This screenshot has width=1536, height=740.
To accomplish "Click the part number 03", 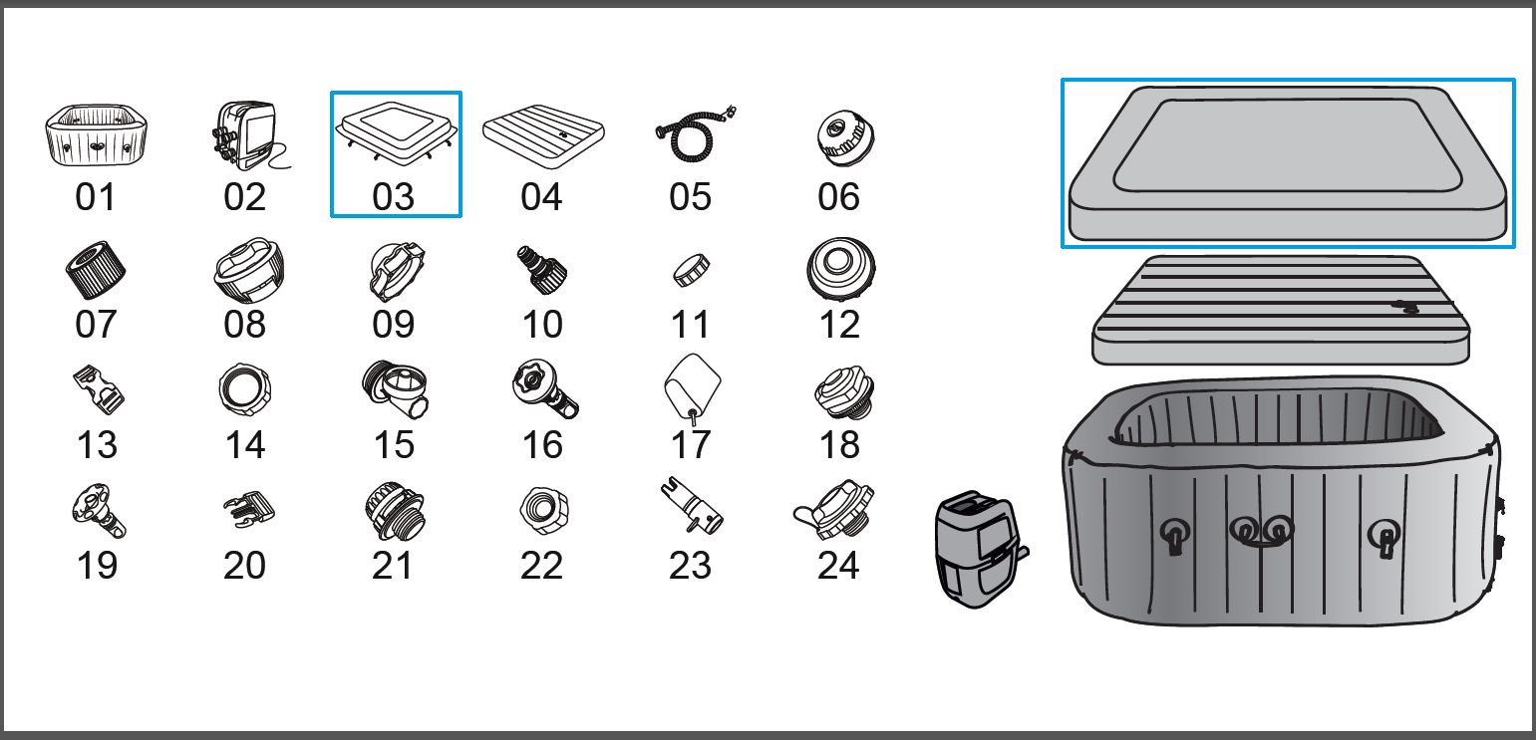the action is [393, 197].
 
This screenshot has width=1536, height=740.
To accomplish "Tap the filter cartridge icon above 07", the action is [96, 270].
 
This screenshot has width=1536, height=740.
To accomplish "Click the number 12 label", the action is [839, 325].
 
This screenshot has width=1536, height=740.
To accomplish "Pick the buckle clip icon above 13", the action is [98, 389].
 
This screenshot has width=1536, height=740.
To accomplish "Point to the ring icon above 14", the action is [245, 388].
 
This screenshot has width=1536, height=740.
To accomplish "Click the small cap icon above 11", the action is [691, 270].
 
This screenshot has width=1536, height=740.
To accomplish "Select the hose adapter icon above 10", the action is [541, 270].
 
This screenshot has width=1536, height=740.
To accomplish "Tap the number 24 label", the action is [838, 566].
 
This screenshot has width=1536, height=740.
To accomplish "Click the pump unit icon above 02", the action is [247, 136].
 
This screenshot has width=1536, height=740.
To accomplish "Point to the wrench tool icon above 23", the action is [691, 506].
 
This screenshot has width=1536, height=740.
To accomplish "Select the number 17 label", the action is [691, 445].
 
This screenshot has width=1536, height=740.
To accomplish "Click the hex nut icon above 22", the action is [544, 511].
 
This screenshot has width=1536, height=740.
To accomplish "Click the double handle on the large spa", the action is [1262, 531].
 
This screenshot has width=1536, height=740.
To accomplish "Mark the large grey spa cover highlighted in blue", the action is [1287, 163].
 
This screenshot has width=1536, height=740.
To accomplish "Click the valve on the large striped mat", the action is [1405, 308].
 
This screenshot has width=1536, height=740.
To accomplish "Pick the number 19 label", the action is [97, 566].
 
